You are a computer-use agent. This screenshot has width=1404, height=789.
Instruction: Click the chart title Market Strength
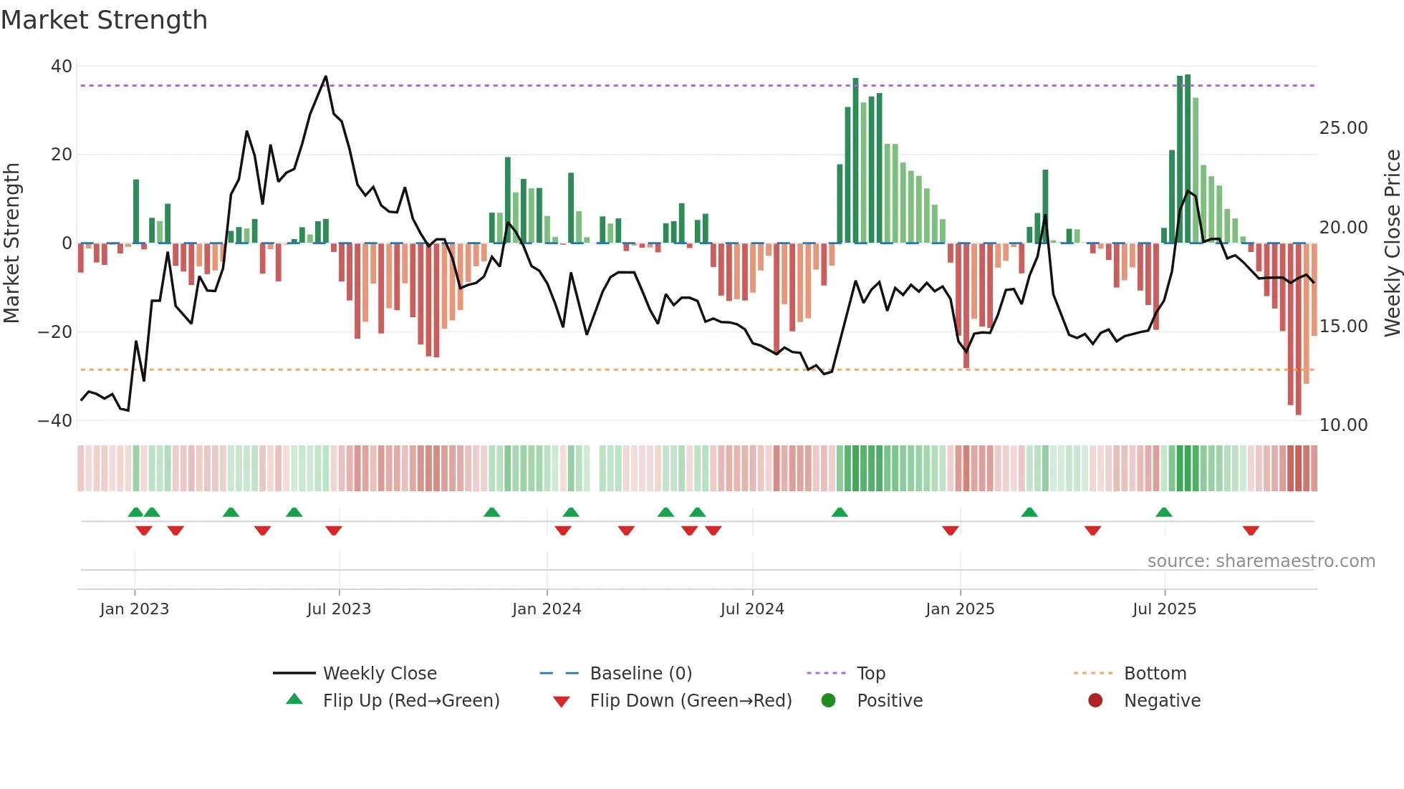tap(104, 20)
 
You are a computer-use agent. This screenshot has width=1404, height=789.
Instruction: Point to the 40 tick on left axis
tap(62, 67)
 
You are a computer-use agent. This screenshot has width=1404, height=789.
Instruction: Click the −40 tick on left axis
tap(55, 421)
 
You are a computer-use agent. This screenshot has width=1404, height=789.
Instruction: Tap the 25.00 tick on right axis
tap(1343, 128)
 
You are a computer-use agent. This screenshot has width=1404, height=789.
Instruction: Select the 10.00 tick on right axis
tap(1343, 425)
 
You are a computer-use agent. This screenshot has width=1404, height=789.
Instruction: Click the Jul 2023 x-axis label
tap(339, 609)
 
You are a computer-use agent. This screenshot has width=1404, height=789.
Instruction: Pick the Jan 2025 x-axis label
tap(960, 609)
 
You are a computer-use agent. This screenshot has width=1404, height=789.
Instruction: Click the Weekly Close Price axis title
tap(1392, 243)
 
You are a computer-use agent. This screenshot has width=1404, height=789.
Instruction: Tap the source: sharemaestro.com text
tap(1261, 561)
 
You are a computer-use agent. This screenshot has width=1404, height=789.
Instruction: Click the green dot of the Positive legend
tap(828, 701)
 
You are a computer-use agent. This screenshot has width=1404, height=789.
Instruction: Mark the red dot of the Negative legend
tap(1095, 701)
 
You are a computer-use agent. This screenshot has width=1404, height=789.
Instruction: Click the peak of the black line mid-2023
tap(326, 77)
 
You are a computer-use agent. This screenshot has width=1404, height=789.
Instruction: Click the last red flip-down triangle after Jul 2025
tap(1251, 531)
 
